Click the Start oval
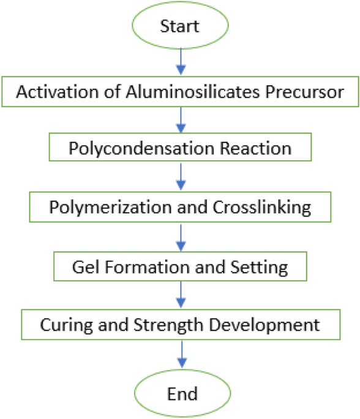(x=180, y=26)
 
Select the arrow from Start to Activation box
(x=180, y=63)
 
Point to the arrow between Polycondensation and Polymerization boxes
(x=180, y=177)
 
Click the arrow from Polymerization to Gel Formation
(x=180, y=235)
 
